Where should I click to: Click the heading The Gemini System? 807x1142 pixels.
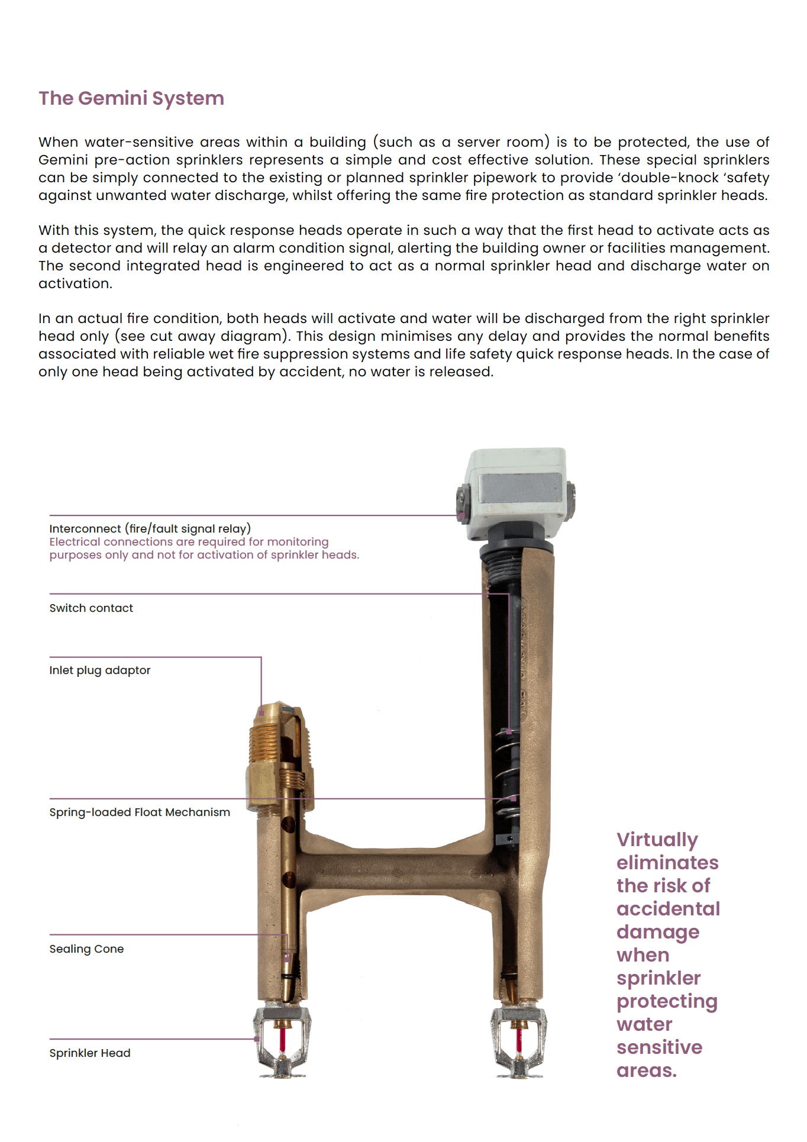point(131,98)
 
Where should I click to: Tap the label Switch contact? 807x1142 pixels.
point(91,608)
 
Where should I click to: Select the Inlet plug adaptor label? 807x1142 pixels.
point(100,670)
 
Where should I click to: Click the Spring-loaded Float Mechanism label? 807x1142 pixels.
point(140,812)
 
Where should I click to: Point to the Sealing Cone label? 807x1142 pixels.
point(86,949)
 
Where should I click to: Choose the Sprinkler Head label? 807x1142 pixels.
point(90,1053)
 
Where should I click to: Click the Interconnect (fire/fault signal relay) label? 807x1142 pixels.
point(150,528)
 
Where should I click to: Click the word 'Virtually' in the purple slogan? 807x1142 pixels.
point(657,840)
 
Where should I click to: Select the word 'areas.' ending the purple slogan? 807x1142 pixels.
point(646,1070)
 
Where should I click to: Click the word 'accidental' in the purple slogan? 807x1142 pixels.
point(668,909)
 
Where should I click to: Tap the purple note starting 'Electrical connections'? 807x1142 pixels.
point(204,549)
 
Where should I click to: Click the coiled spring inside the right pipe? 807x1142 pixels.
point(508,769)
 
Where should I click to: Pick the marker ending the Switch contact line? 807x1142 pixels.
point(509,732)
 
